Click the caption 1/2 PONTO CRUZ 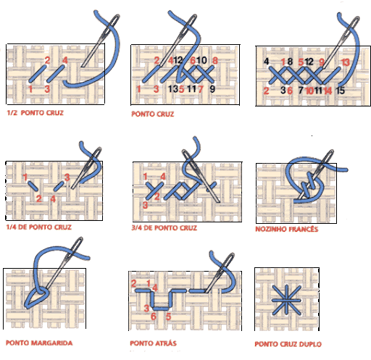(x=36, y=113)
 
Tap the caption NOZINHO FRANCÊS (x=287, y=229)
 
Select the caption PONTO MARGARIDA (x=39, y=343)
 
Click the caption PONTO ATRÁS (x=153, y=343)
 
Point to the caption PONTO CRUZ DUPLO (x=288, y=344)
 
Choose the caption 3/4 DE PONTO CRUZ (x=164, y=227)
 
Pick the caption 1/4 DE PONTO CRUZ (x=38, y=227)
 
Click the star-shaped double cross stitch (x=286, y=300)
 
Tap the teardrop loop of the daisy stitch (x=36, y=297)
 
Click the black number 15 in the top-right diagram (x=341, y=91)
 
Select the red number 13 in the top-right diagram (x=346, y=62)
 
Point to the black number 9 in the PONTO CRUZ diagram (x=212, y=89)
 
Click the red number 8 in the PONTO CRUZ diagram (x=215, y=60)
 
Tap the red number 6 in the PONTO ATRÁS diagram (x=153, y=317)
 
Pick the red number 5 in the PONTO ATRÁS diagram (x=168, y=317)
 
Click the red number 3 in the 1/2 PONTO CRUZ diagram (x=47, y=89)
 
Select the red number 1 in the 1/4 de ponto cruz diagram (x=25, y=177)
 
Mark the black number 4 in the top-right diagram (x=266, y=62)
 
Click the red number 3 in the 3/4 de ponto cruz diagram (x=145, y=205)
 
